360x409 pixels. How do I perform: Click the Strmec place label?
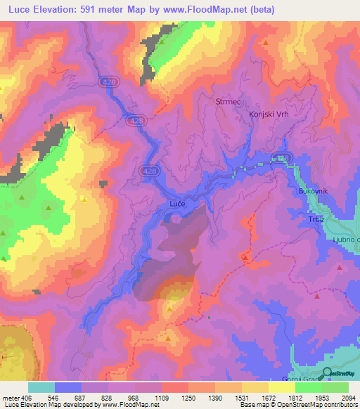pyautogui.click(x=227, y=102)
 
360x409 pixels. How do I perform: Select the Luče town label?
pyautogui.click(x=178, y=204)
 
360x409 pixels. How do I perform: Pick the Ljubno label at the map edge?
pyautogui.click(x=345, y=240)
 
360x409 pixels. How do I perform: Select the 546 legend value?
pyautogui.click(x=55, y=397)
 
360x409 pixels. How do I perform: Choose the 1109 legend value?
pyautogui.click(x=161, y=397)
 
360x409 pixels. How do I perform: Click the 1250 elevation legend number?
pyautogui.click(x=188, y=397)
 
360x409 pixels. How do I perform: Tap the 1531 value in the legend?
pyautogui.click(x=241, y=397)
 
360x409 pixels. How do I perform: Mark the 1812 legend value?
pyautogui.click(x=295, y=397)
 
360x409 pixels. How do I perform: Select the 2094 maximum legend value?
pyautogui.click(x=347, y=397)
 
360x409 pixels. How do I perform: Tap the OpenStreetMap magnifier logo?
pyautogui.click(x=327, y=373)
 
